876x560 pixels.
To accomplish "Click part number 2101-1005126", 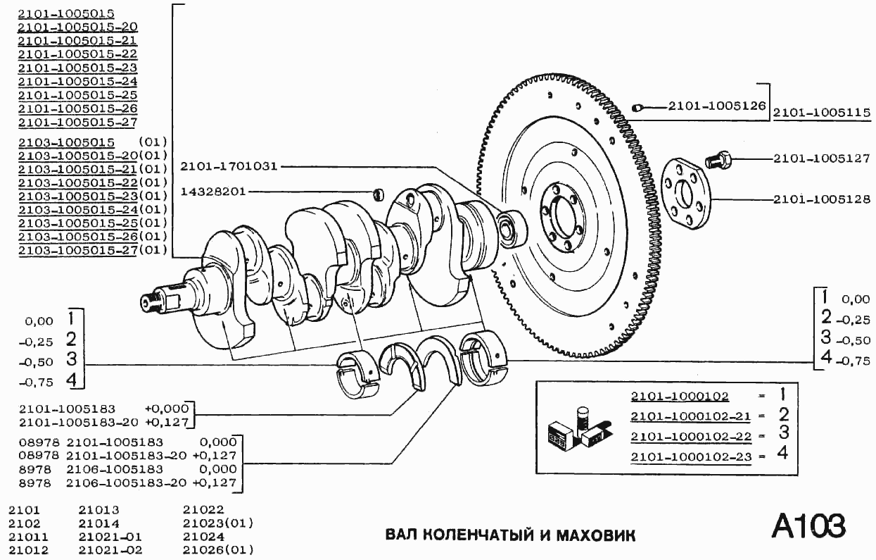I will tap(716, 106).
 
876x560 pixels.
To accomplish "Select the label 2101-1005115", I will tap(822, 112).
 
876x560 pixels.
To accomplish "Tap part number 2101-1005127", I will tap(822, 159).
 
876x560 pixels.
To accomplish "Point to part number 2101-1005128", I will tap(822, 199).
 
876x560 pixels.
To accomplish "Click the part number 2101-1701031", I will tap(229, 167).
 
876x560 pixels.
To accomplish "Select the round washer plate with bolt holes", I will tap(687, 194).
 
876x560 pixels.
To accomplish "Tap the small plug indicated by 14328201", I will tap(378, 193).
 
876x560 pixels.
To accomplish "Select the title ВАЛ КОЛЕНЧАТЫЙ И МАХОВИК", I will tap(510, 535).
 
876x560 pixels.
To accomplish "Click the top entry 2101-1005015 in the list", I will tap(67, 13).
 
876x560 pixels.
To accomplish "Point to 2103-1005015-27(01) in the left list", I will tap(92, 250).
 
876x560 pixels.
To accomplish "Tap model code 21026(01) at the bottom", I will tap(217, 549).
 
